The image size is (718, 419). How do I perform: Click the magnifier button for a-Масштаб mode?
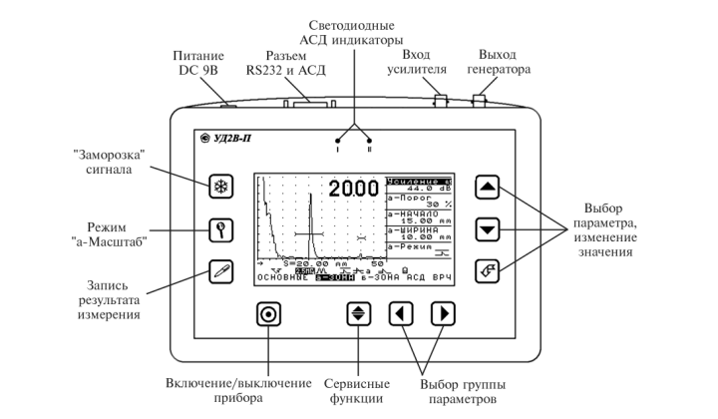pos(221,229)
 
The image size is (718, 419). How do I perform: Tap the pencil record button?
pos(221,269)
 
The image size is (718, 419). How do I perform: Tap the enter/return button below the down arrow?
pos(485,268)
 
